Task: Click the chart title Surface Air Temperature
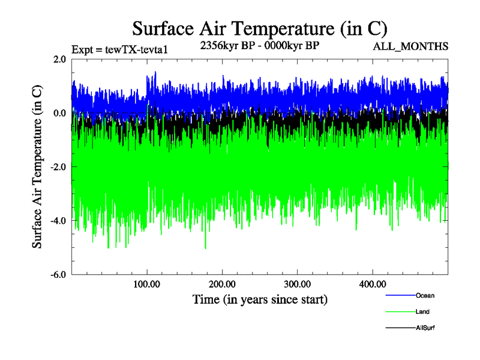(x=259, y=28)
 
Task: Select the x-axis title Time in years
(x=260, y=299)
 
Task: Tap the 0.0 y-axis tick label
(x=59, y=113)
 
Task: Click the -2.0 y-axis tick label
(x=58, y=167)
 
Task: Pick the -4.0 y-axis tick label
(x=58, y=221)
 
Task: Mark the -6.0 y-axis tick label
(x=58, y=275)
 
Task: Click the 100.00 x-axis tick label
(x=147, y=284)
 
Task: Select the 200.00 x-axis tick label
(x=222, y=284)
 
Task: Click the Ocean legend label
(x=425, y=295)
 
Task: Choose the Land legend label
(x=422, y=311)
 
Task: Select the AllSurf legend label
(x=425, y=328)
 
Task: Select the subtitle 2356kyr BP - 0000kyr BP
(x=259, y=46)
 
